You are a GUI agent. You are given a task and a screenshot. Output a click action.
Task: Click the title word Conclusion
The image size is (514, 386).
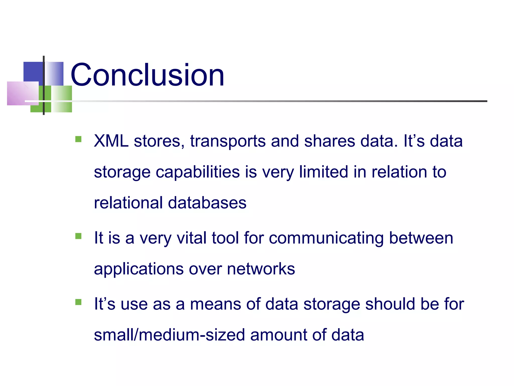click(x=147, y=75)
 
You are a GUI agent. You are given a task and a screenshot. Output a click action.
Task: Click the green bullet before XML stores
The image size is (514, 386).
click(x=78, y=139)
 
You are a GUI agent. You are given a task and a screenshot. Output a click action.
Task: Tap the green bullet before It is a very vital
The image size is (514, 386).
click(x=78, y=236)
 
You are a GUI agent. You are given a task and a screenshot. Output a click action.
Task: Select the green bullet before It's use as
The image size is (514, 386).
click(x=78, y=302)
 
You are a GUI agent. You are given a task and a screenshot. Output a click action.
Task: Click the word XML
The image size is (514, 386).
click(x=111, y=141)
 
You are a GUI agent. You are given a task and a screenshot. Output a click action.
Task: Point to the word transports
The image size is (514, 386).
click(x=228, y=141)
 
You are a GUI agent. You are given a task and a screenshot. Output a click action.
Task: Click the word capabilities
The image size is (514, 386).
click(x=198, y=172)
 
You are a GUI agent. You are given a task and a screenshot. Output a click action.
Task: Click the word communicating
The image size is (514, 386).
click(x=326, y=238)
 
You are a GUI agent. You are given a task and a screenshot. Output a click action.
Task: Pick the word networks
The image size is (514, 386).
click(x=261, y=269)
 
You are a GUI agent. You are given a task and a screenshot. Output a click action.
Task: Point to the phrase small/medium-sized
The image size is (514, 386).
click(x=169, y=335)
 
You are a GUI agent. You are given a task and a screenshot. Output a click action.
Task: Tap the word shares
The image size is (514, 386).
click(x=329, y=141)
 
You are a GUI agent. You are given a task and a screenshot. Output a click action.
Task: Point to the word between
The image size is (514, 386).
click(x=421, y=238)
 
